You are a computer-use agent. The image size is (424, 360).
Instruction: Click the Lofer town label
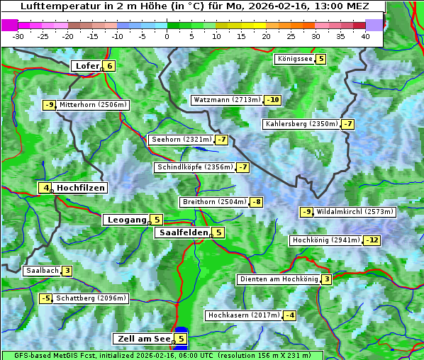tap(86, 66)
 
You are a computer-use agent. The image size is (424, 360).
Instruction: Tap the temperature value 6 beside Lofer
tap(109, 66)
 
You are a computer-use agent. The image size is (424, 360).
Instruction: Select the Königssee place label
tap(294, 59)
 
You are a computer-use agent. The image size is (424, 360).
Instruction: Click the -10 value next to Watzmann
tap(273, 100)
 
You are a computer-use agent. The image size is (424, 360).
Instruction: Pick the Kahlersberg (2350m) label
tap(301, 124)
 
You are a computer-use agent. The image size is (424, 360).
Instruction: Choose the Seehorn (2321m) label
tap(181, 140)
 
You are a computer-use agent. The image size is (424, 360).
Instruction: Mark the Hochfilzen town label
tap(81, 188)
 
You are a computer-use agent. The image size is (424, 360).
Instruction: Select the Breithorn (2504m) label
tap(213, 202)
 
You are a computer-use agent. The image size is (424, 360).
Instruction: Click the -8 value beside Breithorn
tap(257, 202)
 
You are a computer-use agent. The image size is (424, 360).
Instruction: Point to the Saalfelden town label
tap(183, 232)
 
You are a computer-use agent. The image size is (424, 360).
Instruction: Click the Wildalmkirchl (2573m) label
tap(355, 211)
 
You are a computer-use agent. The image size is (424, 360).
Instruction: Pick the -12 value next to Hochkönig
tap(372, 240)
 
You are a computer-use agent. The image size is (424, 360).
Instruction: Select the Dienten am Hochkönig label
tap(278, 279)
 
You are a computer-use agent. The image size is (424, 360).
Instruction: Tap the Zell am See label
tap(143, 339)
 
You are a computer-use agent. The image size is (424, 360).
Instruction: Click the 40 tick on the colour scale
tap(366, 36)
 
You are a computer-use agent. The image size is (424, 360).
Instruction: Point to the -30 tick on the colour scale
tap(18, 36)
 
